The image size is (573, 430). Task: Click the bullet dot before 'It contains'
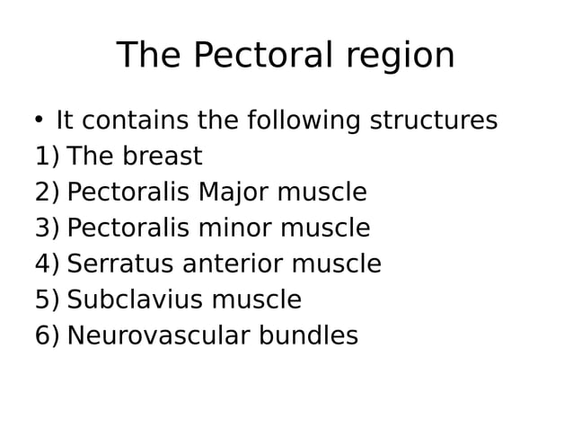(x=39, y=121)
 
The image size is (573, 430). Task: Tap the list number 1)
(x=47, y=157)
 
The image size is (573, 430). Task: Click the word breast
(x=162, y=157)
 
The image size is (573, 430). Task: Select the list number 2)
(x=47, y=193)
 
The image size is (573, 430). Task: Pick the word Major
(x=234, y=193)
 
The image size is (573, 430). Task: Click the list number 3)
(x=47, y=229)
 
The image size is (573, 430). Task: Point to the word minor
(x=234, y=228)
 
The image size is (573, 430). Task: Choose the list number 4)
(x=47, y=265)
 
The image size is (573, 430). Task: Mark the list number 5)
(x=47, y=301)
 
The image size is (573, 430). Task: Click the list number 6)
(x=47, y=337)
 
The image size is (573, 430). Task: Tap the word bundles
(x=309, y=336)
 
